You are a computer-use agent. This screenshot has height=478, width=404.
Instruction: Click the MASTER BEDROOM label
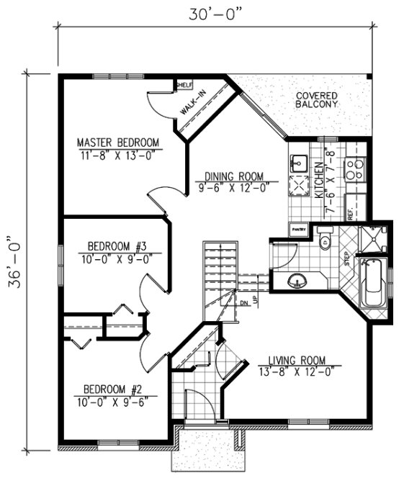(x=118, y=141)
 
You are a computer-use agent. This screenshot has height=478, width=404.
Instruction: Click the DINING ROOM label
(x=233, y=175)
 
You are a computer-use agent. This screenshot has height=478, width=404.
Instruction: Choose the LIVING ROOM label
(x=297, y=360)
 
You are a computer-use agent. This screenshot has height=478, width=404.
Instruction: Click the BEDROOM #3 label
(x=118, y=245)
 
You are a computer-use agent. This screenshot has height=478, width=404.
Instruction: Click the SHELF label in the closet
(x=184, y=85)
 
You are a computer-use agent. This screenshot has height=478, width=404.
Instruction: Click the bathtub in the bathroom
(x=374, y=285)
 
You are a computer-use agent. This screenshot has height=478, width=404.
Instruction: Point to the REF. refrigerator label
(x=351, y=213)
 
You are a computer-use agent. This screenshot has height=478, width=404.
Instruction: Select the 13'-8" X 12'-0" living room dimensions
(x=297, y=371)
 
